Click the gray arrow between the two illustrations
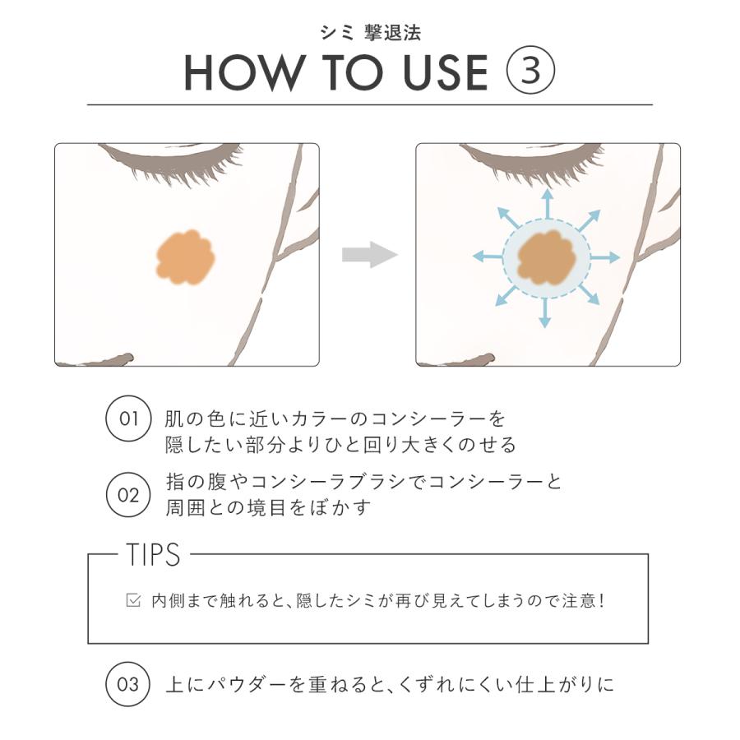pyautogui.click(x=369, y=254)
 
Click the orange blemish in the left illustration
pyautogui.click(x=185, y=257)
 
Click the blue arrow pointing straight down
pyautogui.click(x=544, y=313)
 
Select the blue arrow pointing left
pyautogui.click(x=485, y=257)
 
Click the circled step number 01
pyautogui.click(x=128, y=419)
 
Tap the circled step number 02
pyautogui.click(x=128, y=495)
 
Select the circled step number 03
pyautogui.click(x=128, y=683)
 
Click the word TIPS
pyautogui.click(x=154, y=555)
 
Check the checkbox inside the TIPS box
pyautogui.click(x=133, y=600)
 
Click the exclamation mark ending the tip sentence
pyautogui.click(x=602, y=600)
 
